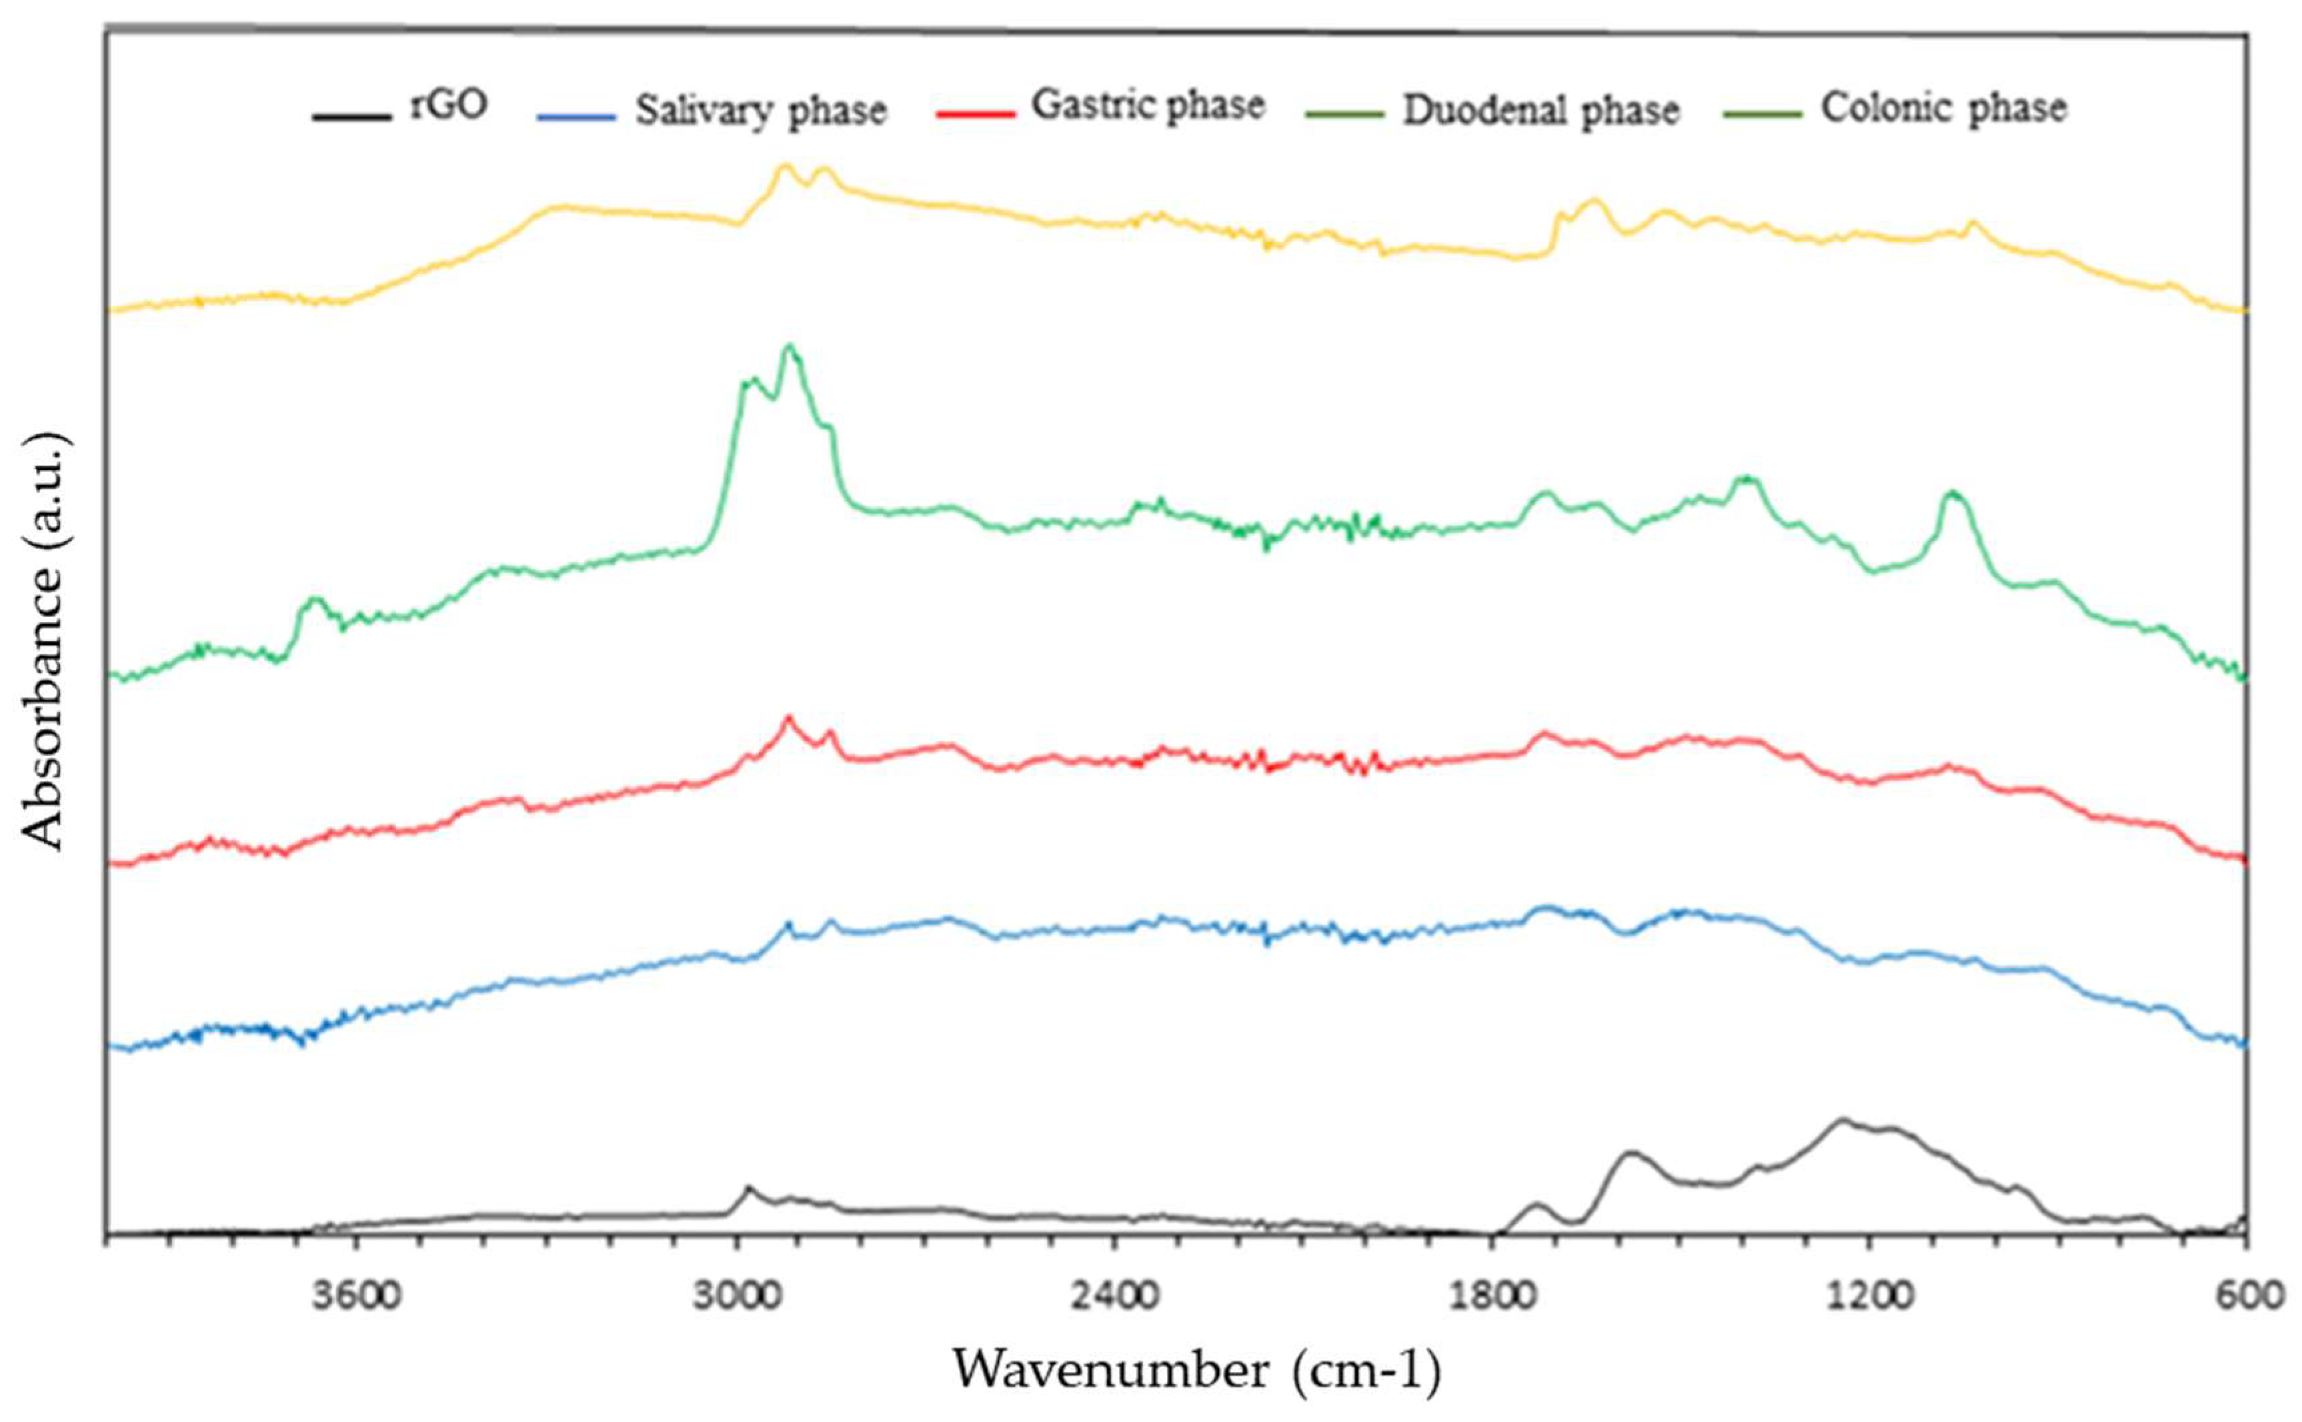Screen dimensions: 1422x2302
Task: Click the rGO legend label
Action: pyautogui.click(x=449, y=105)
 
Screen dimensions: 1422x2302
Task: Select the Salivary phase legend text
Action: pyautogui.click(x=760, y=111)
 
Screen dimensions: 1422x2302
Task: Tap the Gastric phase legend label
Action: pyautogui.click(x=1148, y=105)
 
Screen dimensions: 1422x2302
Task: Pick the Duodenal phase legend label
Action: pyautogui.click(x=1540, y=111)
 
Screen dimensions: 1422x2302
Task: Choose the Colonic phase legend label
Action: pyautogui.click(x=1944, y=108)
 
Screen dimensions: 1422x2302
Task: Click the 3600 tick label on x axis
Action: pyautogui.click(x=356, y=1296)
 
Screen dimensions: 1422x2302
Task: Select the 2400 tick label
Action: pyautogui.click(x=1114, y=1296)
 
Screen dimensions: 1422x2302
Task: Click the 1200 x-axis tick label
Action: pyautogui.click(x=1869, y=1296)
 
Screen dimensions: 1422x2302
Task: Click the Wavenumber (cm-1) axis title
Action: pyautogui.click(x=1196, y=1370)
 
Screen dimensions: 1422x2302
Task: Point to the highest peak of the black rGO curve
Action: pyautogui.click(x=1841, y=1119)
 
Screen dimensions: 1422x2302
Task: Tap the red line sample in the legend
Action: pyautogui.click(x=975, y=115)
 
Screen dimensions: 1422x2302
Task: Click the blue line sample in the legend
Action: pyautogui.click(x=575, y=117)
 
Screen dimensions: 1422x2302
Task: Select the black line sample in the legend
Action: pyautogui.click(x=351, y=117)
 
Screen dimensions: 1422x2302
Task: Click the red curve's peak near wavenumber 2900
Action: pyautogui.click(x=789, y=718)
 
